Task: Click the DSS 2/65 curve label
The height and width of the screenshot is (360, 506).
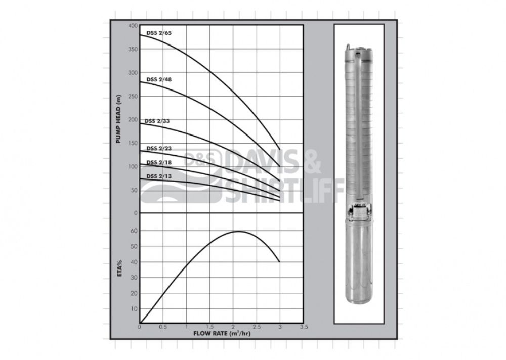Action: point(159,33)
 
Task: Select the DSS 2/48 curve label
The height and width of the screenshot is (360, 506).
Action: point(159,79)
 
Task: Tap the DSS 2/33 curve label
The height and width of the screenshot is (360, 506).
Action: point(157,121)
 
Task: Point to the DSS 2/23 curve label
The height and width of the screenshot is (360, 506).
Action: point(159,148)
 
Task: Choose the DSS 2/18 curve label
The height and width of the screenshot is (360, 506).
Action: point(159,162)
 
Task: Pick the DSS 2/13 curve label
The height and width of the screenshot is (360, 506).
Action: point(159,176)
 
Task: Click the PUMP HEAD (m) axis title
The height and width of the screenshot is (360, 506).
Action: point(118,119)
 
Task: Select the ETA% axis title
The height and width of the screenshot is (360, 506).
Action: point(119,268)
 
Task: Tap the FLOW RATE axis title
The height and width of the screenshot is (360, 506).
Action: point(222,333)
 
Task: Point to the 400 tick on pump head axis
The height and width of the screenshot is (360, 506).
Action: point(133,25)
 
